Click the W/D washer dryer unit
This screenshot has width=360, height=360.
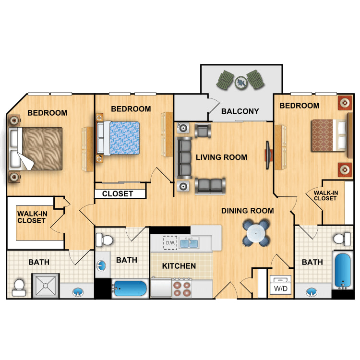281,285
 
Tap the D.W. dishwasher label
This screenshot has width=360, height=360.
170,243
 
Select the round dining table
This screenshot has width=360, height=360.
256,233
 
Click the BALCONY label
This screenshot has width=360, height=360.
240,111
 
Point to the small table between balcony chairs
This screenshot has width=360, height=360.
241,82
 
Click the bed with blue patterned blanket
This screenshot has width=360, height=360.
119,138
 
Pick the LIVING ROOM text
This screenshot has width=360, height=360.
221,157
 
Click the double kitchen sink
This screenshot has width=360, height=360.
189,243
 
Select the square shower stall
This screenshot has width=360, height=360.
46,286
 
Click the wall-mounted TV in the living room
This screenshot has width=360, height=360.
268,155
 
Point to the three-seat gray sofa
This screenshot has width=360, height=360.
183,158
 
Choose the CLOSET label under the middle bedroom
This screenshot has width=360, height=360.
117,194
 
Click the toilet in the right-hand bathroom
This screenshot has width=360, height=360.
342,239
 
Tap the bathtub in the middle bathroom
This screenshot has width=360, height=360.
130,288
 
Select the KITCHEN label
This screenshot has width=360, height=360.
179,266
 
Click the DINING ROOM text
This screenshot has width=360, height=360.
248,211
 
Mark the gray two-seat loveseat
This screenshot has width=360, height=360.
210,186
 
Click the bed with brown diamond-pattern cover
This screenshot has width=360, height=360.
329,135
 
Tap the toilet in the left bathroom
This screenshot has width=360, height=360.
19,288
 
